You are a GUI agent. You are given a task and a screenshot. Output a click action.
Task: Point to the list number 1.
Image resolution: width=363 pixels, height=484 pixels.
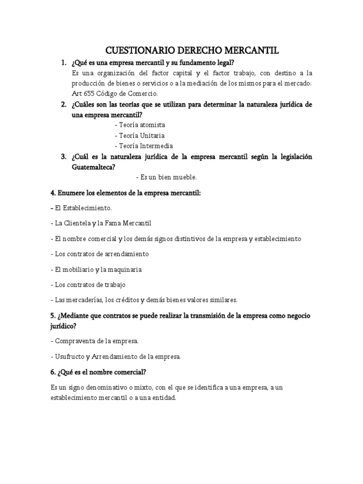[x=63, y=63]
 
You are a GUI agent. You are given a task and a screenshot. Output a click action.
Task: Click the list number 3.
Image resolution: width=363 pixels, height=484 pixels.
[x=63, y=156]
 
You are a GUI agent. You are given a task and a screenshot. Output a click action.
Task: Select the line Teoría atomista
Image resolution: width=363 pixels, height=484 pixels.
[x=140, y=125]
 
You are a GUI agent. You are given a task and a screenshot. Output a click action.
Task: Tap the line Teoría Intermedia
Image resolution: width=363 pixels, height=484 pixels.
[x=144, y=146]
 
